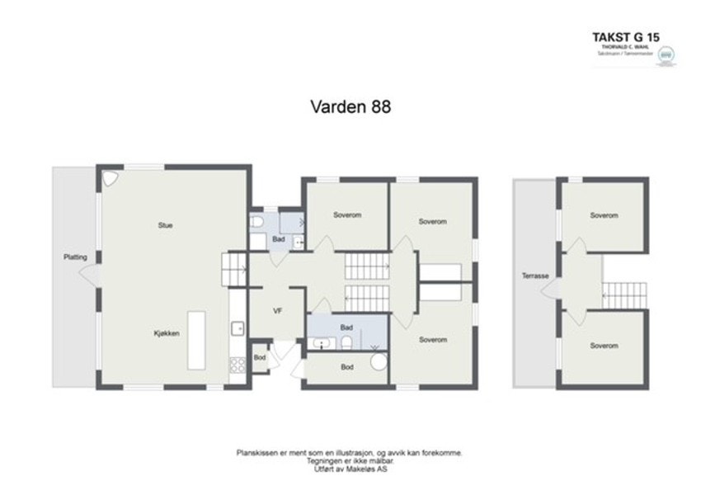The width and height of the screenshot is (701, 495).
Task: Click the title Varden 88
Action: (x=350, y=106)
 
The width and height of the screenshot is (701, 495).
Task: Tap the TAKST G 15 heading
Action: (x=626, y=36)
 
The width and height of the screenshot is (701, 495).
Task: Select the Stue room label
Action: (x=166, y=224)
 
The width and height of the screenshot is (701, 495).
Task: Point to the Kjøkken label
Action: (x=166, y=333)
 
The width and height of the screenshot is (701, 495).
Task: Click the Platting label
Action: (x=75, y=257)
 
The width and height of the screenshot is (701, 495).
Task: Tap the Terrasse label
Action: (x=535, y=276)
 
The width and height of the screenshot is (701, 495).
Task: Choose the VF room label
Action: (x=278, y=311)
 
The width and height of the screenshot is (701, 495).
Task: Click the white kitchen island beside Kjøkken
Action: (x=196, y=339)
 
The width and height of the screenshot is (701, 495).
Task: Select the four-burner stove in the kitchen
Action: (x=238, y=364)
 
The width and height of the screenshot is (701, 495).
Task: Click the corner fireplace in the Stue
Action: (x=110, y=178)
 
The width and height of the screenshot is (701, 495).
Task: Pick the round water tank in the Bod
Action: (x=379, y=362)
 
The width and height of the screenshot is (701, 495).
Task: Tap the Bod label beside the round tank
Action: (x=347, y=367)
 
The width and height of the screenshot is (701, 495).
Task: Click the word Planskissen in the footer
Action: (x=256, y=453)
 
